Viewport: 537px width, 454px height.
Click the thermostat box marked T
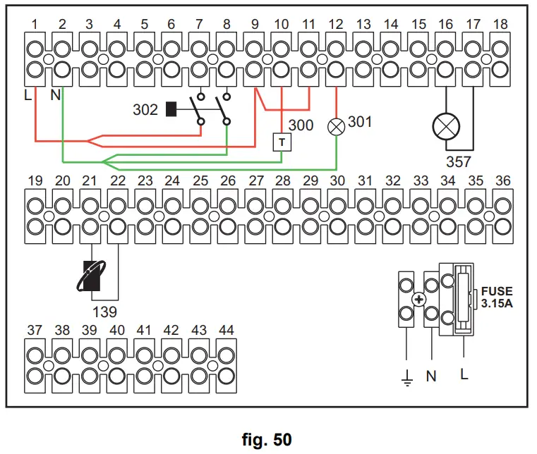(282, 142)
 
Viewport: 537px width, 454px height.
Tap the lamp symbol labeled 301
(337, 127)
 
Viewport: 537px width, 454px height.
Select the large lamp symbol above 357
(446, 127)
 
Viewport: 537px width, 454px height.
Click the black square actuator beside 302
(171, 109)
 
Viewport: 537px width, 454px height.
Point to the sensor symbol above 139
(92, 276)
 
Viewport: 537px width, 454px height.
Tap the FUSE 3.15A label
(497, 297)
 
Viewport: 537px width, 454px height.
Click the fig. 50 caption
(267, 439)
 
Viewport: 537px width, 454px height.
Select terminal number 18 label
(500, 24)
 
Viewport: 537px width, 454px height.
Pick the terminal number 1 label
(35, 24)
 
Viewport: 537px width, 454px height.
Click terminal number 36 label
(502, 180)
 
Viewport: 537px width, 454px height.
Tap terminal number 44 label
(227, 330)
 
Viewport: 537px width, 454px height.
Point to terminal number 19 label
(35, 180)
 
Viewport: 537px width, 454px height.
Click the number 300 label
(301, 125)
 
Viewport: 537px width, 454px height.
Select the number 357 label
(459, 162)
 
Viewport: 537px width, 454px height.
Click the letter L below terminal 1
(28, 94)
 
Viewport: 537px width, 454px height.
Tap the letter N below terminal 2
(56, 94)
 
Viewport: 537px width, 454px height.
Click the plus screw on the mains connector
(419, 300)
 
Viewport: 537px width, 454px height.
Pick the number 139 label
(105, 312)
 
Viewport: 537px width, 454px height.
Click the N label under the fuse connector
(431, 376)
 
